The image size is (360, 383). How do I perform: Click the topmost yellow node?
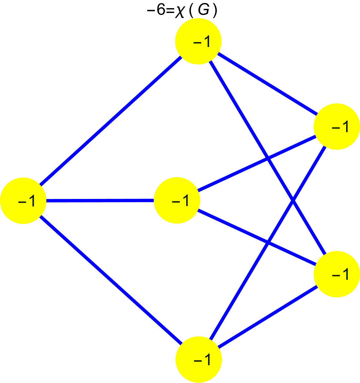(x=198, y=41)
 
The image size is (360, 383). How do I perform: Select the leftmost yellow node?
(x=23, y=201)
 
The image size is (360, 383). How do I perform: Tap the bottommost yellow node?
(x=199, y=359)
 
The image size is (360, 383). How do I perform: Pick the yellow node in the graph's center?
(x=177, y=200)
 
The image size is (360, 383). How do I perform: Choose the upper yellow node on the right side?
(x=337, y=126)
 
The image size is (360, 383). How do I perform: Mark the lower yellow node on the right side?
(x=337, y=274)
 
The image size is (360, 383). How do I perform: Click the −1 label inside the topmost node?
(x=202, y=41)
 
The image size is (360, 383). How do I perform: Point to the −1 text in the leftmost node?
(x=27, y=201)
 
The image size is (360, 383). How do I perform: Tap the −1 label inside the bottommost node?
(x=202, y=359)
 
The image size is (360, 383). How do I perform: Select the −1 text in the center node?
(x=180, y=201)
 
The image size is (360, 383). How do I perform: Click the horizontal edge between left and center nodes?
(x=100, y=201)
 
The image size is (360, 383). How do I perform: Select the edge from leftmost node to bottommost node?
(x=110, y=280)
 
